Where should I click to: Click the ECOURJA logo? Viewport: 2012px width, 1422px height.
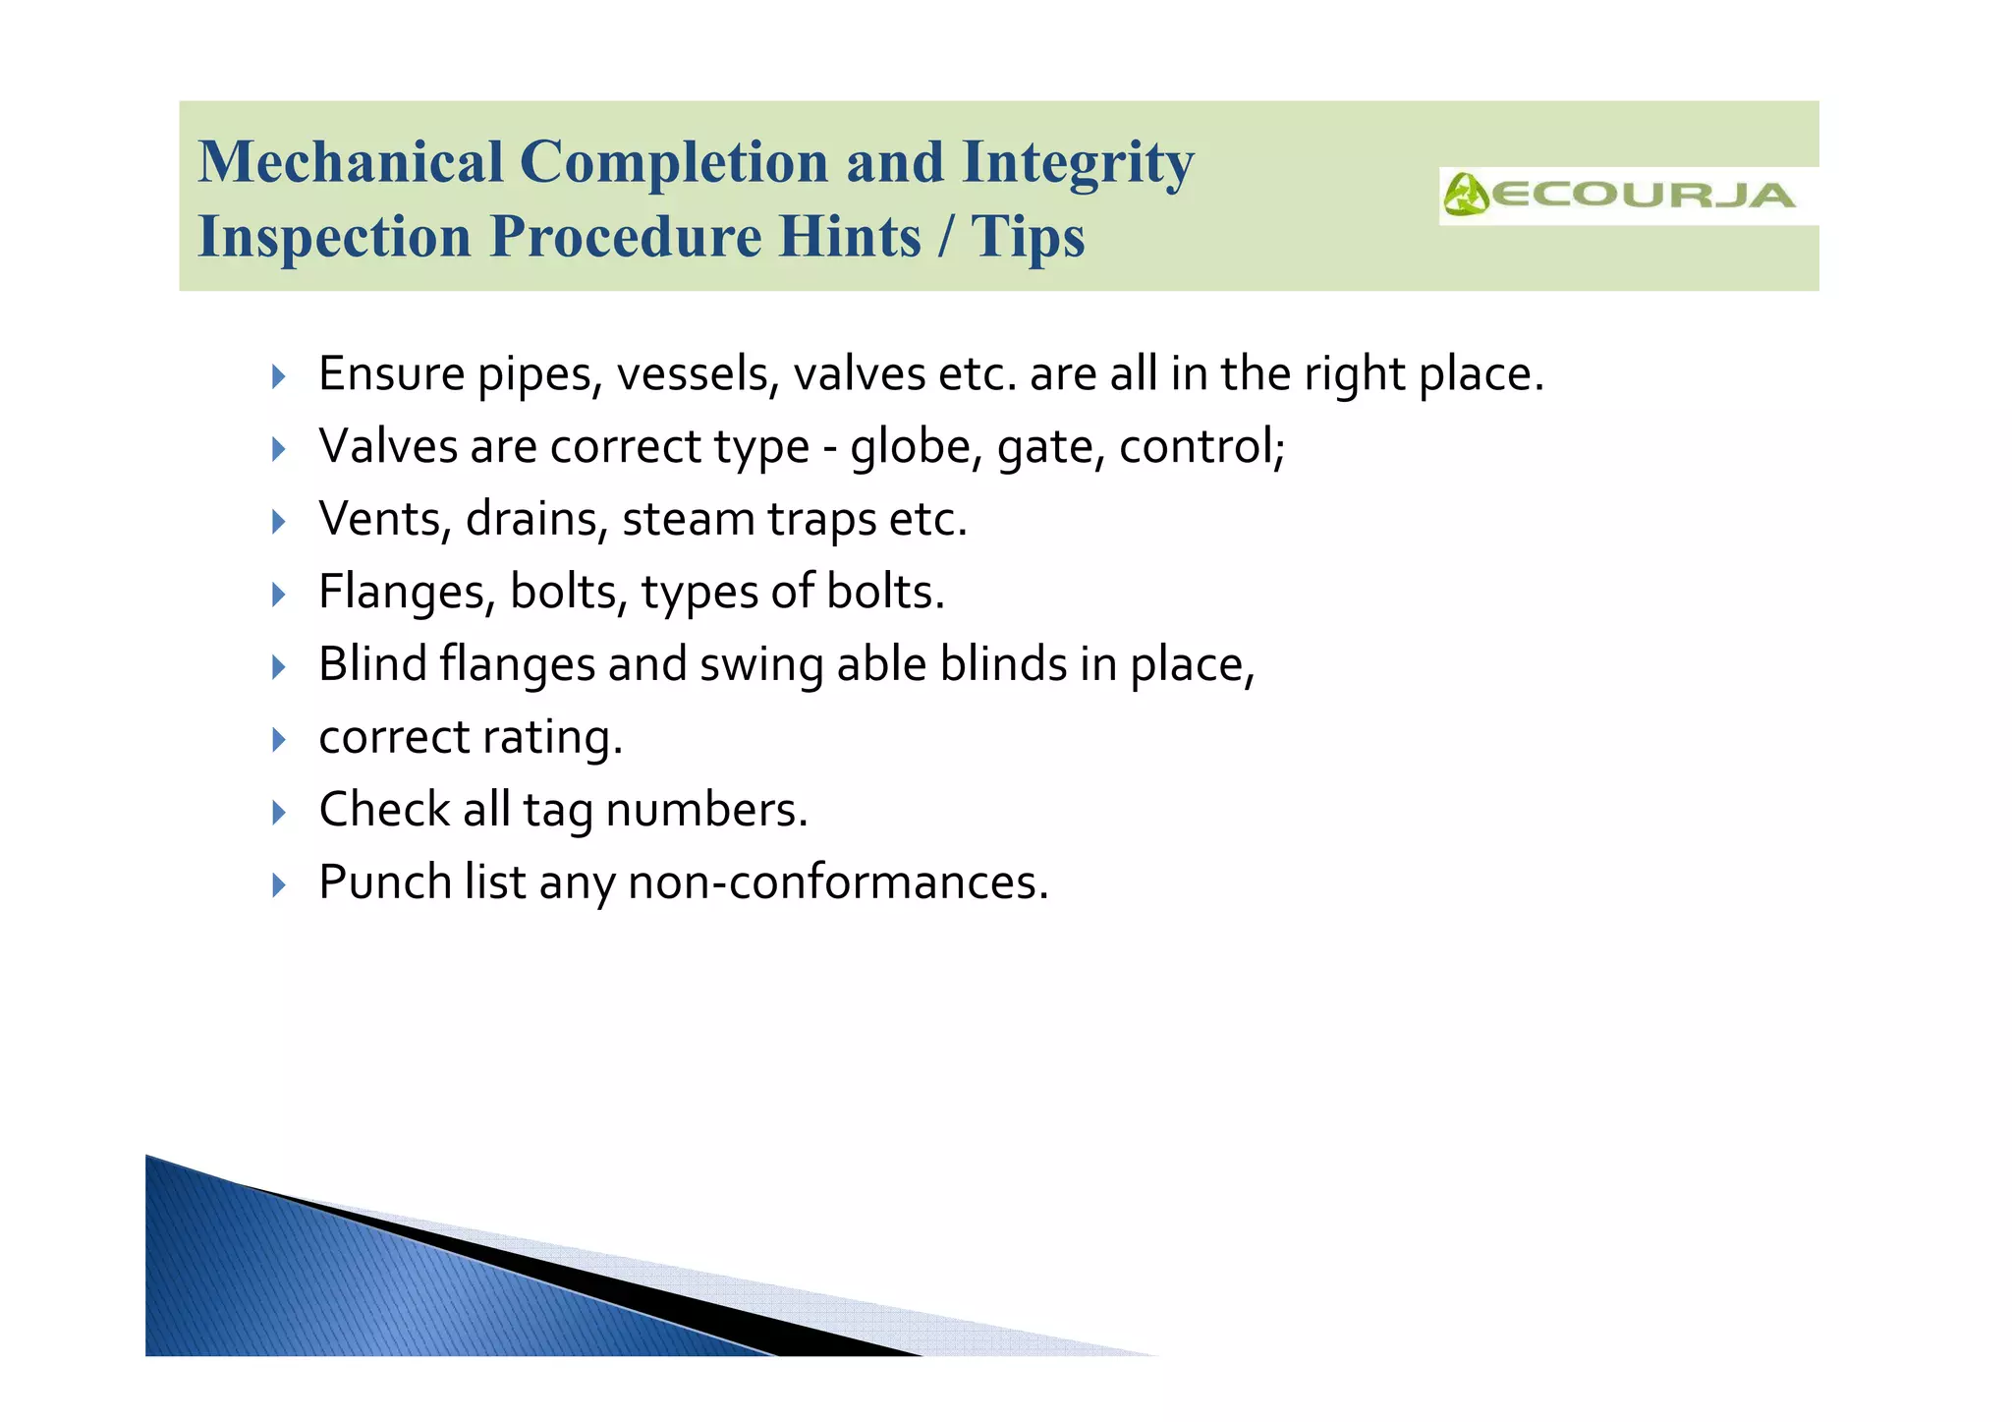(1619, 195)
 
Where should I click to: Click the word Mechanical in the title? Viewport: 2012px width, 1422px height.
(351, 162)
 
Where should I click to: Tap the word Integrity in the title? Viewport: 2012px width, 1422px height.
(1078, 162)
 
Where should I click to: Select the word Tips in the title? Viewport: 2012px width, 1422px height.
(1028, 237)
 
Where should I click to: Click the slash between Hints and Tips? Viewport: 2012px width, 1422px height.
(945, 237)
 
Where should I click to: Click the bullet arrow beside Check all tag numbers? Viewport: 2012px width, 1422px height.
(279, 812)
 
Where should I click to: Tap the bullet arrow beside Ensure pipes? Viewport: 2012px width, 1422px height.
(279, 375)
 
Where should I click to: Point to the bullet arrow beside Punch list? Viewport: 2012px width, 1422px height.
(279, 884)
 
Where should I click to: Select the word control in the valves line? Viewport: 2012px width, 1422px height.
(1201, 447)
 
